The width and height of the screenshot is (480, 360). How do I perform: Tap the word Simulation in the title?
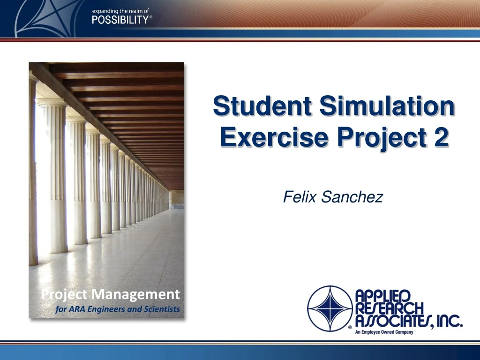click(387, 107)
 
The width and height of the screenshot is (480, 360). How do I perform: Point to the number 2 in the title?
click(440, 137)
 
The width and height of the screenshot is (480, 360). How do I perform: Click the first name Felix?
click(300, 198)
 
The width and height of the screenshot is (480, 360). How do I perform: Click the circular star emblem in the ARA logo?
click(330, 307)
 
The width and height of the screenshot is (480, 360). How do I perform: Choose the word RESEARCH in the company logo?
click(389, 308)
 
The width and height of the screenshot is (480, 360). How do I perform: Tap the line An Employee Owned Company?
click(384, 332)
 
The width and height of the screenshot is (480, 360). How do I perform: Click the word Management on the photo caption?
click(135, 294)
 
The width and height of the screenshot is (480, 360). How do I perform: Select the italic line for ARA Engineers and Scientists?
click(117, 309)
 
